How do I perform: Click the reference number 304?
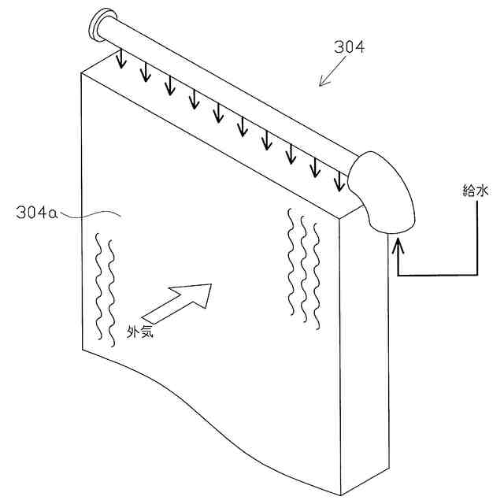[x=348, y=47]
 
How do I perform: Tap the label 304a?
[x=35, y=212]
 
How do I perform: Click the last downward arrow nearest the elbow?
[x=339, y=179]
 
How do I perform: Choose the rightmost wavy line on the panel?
[x=316, y=276]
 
